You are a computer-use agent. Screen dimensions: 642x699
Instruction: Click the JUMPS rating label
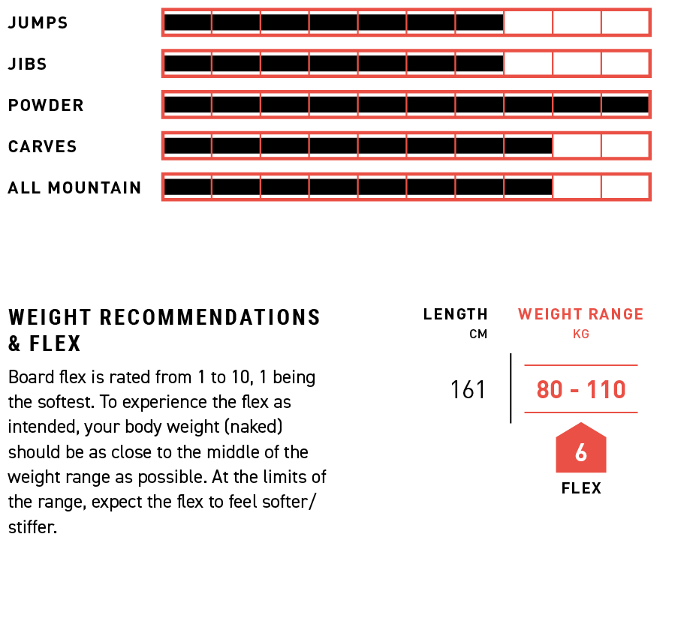coord(38,23)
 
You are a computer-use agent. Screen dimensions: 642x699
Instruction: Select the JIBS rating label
coord(28,64)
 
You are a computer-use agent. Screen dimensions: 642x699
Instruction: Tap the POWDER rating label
coord(46,106)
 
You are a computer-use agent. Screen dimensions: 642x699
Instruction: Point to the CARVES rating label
coord(42,147)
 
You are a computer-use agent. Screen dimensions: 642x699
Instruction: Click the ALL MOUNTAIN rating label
coord(74,188)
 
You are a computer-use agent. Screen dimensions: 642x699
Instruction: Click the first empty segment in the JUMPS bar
coord(528,22)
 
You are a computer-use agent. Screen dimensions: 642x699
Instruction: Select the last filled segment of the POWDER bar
coord(625,105)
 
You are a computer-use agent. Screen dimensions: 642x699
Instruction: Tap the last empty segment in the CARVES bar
coord(625,145)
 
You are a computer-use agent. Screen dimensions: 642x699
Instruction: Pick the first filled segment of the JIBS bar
coord(188,64)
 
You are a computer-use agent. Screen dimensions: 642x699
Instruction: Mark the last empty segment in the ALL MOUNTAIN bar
coord(625,187)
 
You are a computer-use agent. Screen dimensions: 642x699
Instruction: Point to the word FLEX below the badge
coord(581,489)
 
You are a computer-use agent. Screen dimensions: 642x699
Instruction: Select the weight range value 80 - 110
coord(580,390)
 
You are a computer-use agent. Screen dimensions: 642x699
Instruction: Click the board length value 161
coord(468,390)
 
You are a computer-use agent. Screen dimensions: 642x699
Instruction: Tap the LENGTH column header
coord(455,315)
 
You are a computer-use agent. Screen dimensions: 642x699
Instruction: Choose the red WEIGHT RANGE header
coord(580,315)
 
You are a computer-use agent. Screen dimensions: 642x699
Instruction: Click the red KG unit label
coord(580,334)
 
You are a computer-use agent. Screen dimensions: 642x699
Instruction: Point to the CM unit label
coord(478,334)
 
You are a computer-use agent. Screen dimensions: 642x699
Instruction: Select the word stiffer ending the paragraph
coord(32,527)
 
